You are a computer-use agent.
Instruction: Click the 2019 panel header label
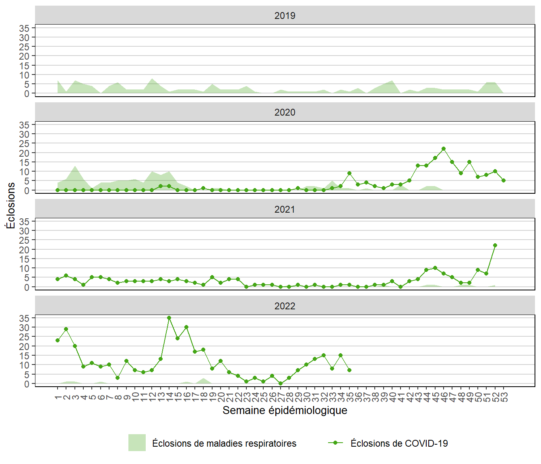[x=285, y=16]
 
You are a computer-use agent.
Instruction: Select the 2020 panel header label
[x=285, y=112]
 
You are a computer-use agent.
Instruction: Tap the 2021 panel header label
[x=285, y=209]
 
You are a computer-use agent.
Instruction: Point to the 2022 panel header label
[x=285, y=306]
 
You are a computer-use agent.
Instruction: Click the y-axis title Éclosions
[x=11, y=205]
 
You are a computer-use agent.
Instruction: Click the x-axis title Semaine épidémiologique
[x=285, y=410]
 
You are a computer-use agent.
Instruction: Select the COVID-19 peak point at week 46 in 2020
[x=444, y=149]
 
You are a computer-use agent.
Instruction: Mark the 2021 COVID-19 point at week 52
[x=495, y=245]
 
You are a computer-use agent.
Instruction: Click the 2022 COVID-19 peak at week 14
[x=169, y=318]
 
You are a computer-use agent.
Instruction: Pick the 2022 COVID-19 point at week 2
[x=66, y=329]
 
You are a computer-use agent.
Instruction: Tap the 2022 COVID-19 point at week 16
[x=186, y=327]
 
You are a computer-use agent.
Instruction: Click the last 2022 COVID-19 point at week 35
[x=349, y=370]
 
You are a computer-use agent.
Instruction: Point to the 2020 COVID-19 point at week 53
[x=504, y=180]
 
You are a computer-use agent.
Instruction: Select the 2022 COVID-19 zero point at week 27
[x=281, y=383]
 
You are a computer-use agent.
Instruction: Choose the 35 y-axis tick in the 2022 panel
[x=24, y=318]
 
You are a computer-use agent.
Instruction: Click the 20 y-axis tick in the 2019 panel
[x=24, y=56]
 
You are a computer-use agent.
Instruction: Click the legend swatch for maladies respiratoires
[x=137, y=443]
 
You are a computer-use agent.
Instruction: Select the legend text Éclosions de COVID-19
[x=399, y=443]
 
